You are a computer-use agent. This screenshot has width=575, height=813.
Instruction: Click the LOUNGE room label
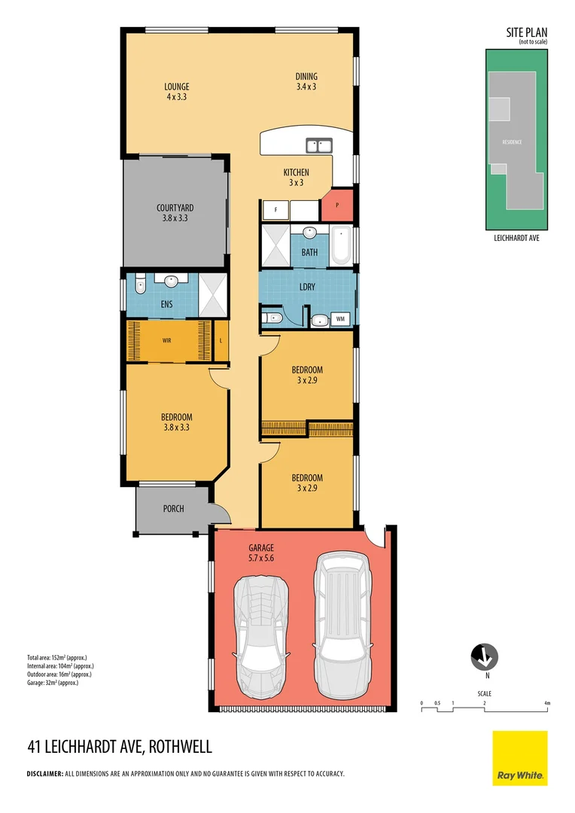click(x=178, y=87)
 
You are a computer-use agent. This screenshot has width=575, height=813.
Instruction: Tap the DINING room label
click(x=306, y=76)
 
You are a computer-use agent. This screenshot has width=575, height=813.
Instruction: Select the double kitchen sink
click(x=320, y=145)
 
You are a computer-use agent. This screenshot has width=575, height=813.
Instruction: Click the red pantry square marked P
click(x=337, y=205)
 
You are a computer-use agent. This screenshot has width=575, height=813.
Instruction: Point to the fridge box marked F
click(x=275, y=210)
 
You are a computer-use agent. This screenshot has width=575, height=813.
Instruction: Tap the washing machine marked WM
click(x=340, y=319)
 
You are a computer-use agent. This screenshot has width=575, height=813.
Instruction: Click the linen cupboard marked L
click(x=221, y=340)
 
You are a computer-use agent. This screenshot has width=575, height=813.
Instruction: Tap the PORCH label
click(x=173, y=509)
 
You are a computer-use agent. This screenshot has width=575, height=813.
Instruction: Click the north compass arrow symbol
click(x=486, y=658)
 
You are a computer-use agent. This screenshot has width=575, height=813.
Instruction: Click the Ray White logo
click(x=520, y=758)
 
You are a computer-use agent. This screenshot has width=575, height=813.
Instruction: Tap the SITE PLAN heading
click(x=526, y=32)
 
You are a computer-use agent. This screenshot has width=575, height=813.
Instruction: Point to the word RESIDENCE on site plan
click(x=513, y=142)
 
